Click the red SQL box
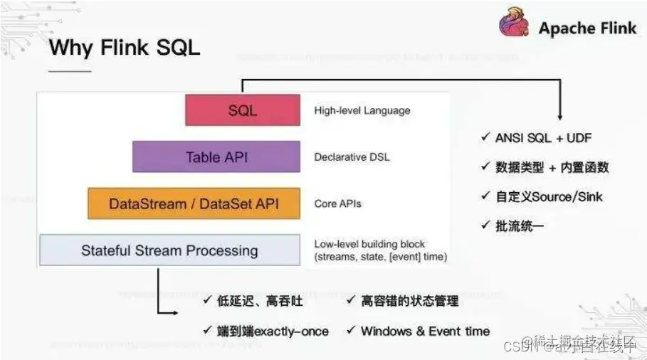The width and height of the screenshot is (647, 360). [242, 110]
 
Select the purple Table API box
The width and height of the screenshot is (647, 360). [216, 157]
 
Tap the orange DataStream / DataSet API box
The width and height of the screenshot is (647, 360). [194, 203]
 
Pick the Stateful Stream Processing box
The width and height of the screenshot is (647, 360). [169, 250]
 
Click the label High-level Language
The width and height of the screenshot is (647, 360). [362, 110]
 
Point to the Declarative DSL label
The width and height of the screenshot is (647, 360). [352, 157]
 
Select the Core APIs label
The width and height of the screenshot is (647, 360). [337, 203]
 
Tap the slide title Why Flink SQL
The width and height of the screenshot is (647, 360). [125, 48]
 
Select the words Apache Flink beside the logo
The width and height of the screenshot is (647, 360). [587, 28]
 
